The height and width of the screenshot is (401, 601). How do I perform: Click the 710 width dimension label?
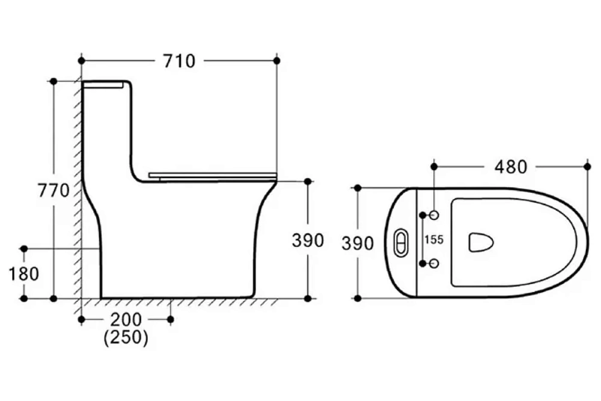[x=178, y=61]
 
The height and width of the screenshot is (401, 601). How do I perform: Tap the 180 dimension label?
[x=24, y=274]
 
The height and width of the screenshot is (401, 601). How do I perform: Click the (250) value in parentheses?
[x=126, y=337]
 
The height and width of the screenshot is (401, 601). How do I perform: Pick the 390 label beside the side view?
[x=308, y=240]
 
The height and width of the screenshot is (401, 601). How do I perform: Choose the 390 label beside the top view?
[x=358, y=243]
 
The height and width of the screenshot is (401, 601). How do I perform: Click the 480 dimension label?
[x=510, y=166]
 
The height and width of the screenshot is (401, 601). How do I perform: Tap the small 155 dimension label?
[x=433, y=239]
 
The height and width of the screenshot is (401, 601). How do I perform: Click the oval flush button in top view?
[x=401, y=242]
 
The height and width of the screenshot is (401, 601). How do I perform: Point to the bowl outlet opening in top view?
[x=480, y=242]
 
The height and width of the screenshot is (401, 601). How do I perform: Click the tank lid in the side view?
[x=106, y=84]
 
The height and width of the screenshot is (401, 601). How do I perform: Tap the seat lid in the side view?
[x=212, y=176]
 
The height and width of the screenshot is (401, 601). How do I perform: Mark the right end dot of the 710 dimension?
[x=276, y=61]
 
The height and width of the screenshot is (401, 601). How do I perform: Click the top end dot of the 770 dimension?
[x=53, y=81]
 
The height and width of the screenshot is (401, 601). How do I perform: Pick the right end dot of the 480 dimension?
[x=587, y=165]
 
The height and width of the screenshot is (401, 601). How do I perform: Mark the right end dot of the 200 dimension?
[x=171, y=319]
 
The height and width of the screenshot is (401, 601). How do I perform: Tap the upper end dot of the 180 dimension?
[x=24, y=248]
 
